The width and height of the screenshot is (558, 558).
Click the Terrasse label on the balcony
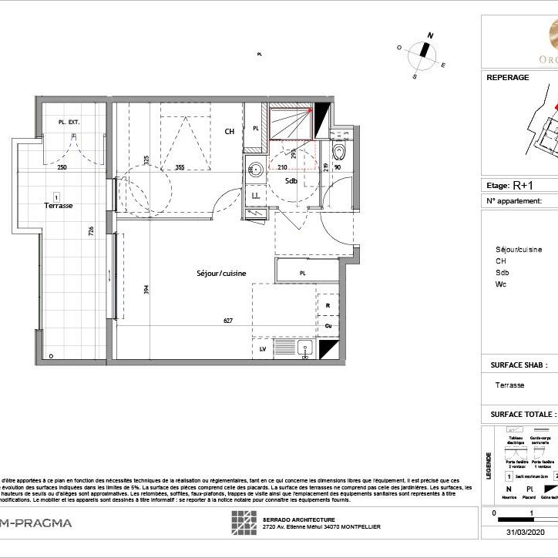(x=58, y=206)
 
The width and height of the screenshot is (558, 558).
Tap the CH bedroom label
(x=229, y=132)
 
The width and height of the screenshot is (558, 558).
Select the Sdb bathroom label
(x=291, y=181)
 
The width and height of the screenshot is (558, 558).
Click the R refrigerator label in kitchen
(x=328, y=306)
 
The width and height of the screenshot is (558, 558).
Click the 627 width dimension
(x=228, y=321)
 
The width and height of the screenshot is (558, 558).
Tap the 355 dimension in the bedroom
(x=179, y=167)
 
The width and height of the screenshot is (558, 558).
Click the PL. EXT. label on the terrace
(x=69, y=123)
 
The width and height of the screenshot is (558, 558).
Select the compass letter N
(x=432, y=35)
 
